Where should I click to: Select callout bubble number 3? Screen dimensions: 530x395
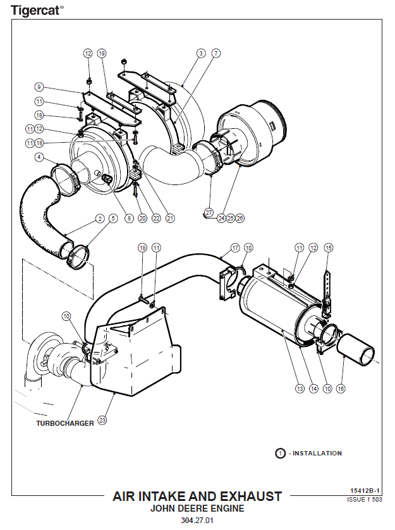201,54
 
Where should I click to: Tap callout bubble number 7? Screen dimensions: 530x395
216,54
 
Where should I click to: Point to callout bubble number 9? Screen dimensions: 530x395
39,87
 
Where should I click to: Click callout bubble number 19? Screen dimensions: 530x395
102,54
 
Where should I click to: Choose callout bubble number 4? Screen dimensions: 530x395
39,157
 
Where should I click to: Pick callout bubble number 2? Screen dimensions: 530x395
100,219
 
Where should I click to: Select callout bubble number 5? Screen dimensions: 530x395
113,219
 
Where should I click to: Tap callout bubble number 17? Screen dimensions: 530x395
235,248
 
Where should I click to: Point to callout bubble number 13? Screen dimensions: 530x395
300,389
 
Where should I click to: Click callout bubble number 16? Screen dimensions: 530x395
341,389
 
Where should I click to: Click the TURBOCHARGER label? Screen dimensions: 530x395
64,423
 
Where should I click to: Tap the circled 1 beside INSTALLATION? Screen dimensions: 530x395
279,453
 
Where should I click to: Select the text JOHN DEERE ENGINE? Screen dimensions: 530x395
197,508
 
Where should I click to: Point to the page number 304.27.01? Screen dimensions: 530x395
197,521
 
